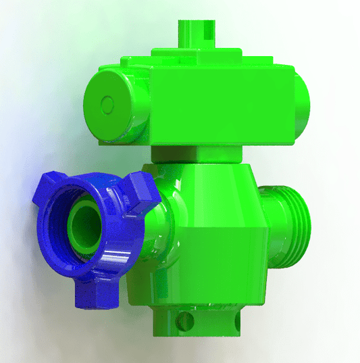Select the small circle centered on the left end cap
click(x=107, y=103)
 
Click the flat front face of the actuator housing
click(x=223, y=108)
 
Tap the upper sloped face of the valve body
click(x=216, y=196)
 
